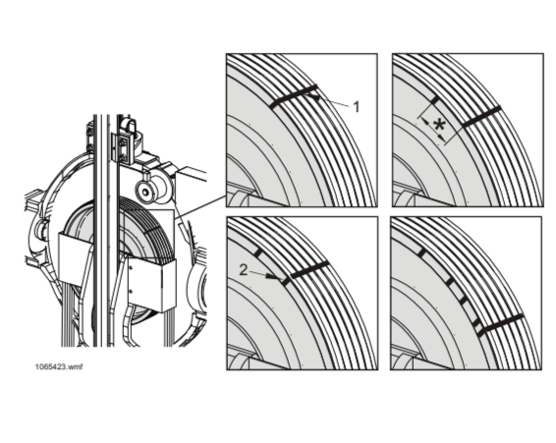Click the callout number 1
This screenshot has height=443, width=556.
pos(357,107)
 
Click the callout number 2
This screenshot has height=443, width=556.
pos(244,270)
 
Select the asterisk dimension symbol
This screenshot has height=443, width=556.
pos(439,126)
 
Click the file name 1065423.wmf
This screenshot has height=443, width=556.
pos(59,366)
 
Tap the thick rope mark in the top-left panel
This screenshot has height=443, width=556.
pos(294,96)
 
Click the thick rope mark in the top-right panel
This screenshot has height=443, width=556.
pos(482,116)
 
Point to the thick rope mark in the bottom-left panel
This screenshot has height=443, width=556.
pos(310,269)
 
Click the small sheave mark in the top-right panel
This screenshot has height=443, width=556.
pos(435,101)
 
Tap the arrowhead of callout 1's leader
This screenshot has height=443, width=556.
pos(312,96)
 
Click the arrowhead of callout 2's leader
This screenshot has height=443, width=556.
pos(272,276)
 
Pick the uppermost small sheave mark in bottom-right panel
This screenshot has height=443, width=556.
pos(421,252)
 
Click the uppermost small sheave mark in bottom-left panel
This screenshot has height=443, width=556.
pos(259,253)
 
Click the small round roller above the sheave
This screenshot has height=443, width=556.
pos(145,192)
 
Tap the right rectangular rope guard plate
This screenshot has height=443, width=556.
pos(151,283)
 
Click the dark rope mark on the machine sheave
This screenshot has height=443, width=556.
pos(153,230)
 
